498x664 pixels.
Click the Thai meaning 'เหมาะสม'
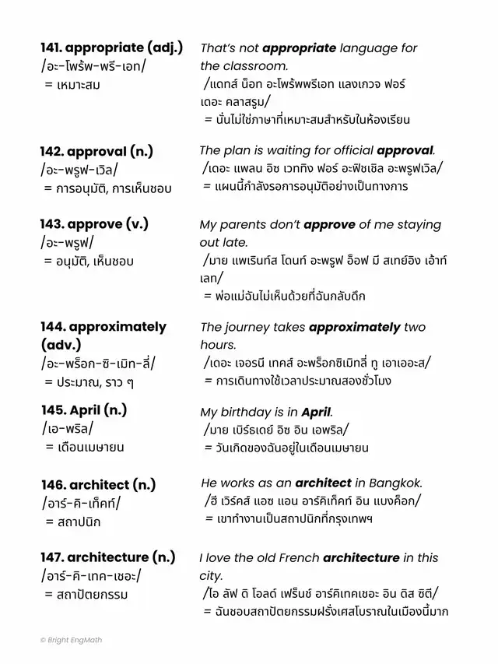pyautogui.click(x=78, y=85)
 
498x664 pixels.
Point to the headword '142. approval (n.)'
pyautogui.click(x=105, y=151)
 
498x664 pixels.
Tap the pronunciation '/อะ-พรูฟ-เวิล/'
pyautogui.click(x=89, y=170)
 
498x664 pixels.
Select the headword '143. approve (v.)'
pyautogui.click(x=94, y=224)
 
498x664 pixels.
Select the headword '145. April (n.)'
pyautogui.click(x=83, y=410)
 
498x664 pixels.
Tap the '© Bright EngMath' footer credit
pyautogui.click(x=72, y=640)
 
